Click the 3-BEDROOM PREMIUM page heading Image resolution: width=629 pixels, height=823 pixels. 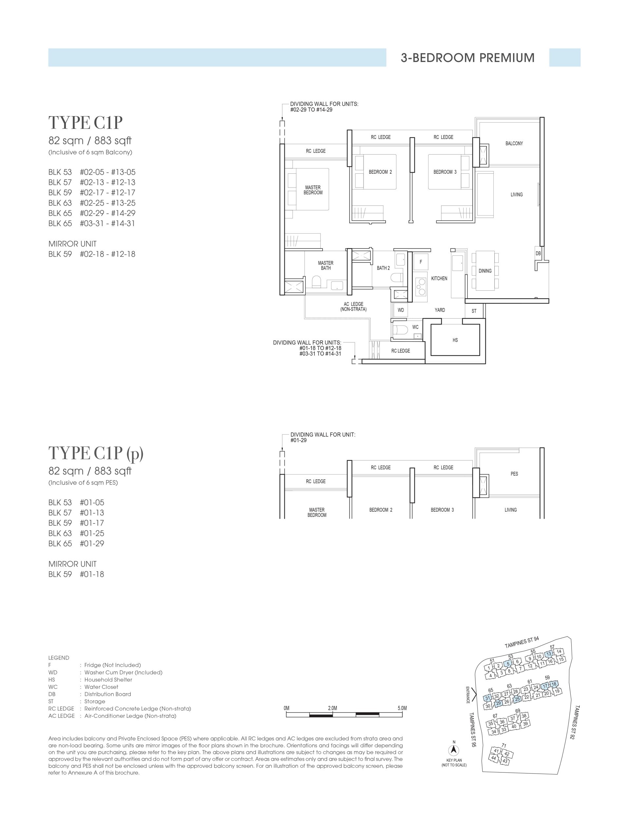point(467,58)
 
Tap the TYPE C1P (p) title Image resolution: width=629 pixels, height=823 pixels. point(96,453)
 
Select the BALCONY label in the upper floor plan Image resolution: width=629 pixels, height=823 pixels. point(514,144)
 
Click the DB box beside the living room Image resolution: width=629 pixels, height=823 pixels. point(538,254)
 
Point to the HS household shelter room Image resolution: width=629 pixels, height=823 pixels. point(455,340)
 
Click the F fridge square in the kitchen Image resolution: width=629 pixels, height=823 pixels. point(421,262)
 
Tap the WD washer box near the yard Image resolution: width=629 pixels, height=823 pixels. point(401,310)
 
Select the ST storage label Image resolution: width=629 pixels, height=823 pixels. point(474,311)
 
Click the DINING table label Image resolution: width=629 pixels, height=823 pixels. point(485,271)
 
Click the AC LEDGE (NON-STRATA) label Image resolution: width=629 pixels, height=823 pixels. point(353,307)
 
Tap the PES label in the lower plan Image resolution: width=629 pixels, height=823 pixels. point(514,474)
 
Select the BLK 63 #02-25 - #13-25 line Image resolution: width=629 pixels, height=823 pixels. point(92,203)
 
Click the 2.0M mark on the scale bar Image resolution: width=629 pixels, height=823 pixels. point(333,708)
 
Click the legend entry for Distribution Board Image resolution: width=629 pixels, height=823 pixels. point(107,694)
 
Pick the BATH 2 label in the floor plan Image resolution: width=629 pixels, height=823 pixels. point(383,268)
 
